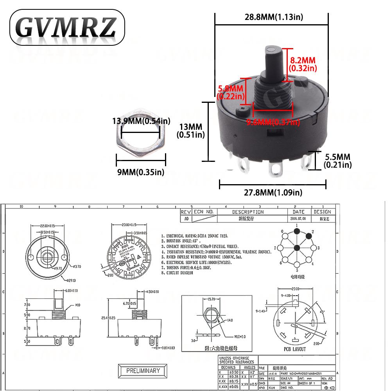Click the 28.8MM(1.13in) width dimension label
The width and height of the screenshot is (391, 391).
pyautogui.click(x=271, y=16)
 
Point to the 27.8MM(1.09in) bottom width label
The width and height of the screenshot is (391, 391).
pyautogui.click(x=272, y=192)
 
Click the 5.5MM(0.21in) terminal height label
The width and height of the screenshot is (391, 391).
pyautogui.click(x=337, y=160)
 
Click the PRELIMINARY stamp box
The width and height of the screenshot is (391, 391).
pyautogui.click(x=143, y=371)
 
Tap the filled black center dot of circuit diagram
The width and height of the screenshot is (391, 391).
pyautogui.click(x=297, y=248)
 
